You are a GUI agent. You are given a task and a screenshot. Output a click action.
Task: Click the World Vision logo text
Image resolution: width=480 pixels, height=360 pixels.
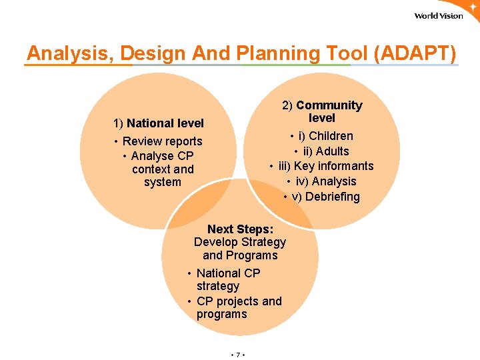coord(438,16)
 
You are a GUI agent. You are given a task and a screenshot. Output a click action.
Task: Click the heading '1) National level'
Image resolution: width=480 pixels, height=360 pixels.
coord(159,123)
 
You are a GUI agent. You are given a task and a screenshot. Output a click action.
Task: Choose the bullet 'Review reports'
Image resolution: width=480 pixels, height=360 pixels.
coord(162,141)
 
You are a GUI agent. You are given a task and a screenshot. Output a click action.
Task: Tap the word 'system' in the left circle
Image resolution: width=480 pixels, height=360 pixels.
coord(162,182)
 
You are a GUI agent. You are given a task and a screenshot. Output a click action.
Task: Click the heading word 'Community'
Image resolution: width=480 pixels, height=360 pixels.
coord(329,105)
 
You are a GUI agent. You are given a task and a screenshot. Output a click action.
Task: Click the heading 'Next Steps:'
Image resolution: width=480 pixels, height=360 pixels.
coord(240,229)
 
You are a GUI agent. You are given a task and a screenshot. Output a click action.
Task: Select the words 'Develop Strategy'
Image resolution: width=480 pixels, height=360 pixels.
coord(240,242)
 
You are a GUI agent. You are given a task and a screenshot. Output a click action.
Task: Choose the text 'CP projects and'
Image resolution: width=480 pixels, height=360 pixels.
coord(239,301)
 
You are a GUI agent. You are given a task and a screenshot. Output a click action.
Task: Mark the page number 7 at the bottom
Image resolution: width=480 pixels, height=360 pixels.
coord(238,355)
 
